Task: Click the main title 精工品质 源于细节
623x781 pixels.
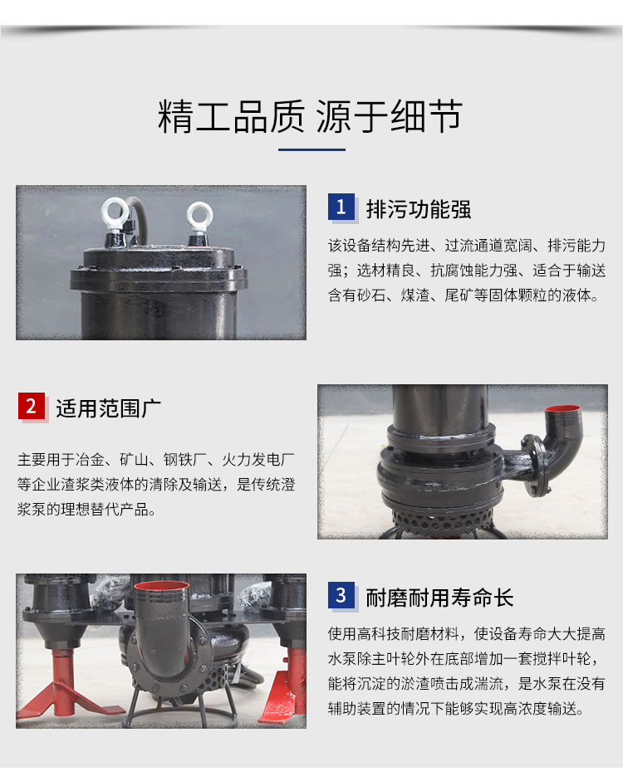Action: [x=310, y=116]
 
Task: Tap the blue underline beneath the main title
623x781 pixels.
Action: [x=311, y=149]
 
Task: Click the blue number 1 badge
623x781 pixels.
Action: [x=341, y=207]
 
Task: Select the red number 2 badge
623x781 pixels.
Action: [x=32, y=406]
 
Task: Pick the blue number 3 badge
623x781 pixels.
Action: [x=341, y=595]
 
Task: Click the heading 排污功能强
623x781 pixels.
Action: [x=419, y=209]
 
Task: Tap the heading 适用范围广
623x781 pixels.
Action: [x=108, y=408]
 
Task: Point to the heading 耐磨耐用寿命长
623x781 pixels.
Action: [x=439, y=598]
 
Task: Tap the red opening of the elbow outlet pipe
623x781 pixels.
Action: [x=562, y=409]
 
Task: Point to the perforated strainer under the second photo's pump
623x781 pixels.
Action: [x=438, y=519]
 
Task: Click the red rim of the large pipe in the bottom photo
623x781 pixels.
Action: [x=161, y=589]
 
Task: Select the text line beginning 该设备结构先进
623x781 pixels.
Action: [x=467, y=246]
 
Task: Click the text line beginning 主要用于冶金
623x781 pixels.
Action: [x=156, y=459]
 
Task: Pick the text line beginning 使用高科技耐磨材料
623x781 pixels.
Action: [x=467, y=633]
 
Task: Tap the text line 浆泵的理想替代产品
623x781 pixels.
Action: [x=86, y=509]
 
